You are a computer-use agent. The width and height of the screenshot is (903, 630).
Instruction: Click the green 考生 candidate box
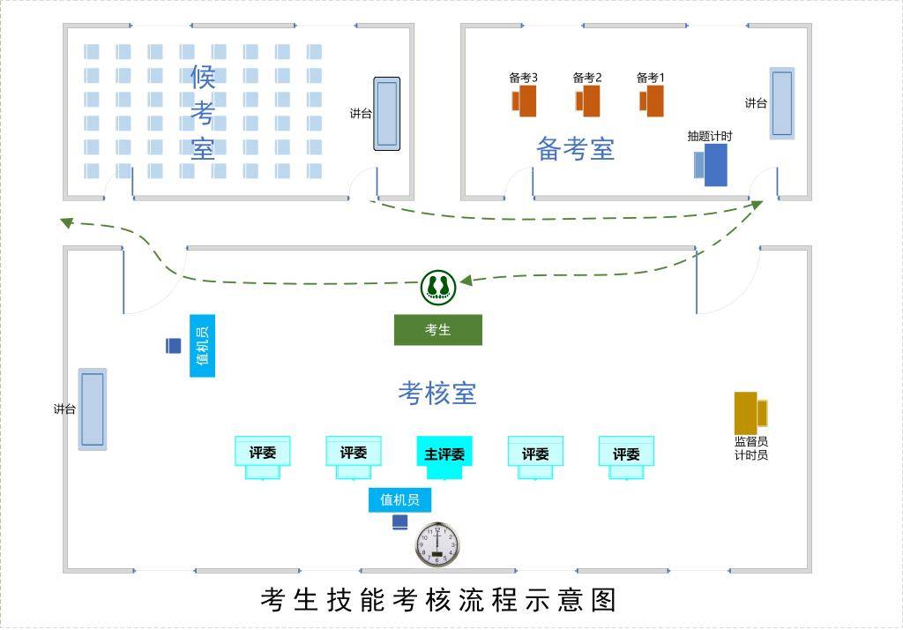[x=438, y=330]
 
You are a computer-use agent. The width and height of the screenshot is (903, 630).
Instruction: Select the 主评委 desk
[x=444, y=454]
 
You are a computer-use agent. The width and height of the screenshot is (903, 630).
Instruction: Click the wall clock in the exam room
[x=437, y=544]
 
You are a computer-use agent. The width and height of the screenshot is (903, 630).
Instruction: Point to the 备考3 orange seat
[x=525, y=101]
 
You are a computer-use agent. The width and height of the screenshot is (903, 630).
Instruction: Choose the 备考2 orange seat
[x=588, y=101]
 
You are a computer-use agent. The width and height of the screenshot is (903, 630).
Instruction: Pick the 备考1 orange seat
[x=652, y=101]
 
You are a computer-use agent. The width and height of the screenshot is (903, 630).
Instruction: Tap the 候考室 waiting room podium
[x=386, y=114]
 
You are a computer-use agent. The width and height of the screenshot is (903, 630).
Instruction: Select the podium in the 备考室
[x=782, y=103]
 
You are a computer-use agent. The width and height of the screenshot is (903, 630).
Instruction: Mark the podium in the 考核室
[x=93, y=409]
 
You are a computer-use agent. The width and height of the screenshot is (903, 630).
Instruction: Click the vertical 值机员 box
[x=202, y=346]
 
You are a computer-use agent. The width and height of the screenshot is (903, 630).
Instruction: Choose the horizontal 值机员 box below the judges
[x=399, y=500]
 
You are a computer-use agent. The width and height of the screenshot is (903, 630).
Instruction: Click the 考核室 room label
[x=437, y=393]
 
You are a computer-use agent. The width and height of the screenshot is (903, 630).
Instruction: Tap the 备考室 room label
[x=575, y=149]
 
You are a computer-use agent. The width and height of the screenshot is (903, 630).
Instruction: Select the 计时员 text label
[x=751, y=455]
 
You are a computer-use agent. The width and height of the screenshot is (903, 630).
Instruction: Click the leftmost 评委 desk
[x=263, y=454]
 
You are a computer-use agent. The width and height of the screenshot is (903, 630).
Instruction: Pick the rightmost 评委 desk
[x=626, y=454]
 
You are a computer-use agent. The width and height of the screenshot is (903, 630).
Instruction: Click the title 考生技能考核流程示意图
[x=438, y=600]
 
